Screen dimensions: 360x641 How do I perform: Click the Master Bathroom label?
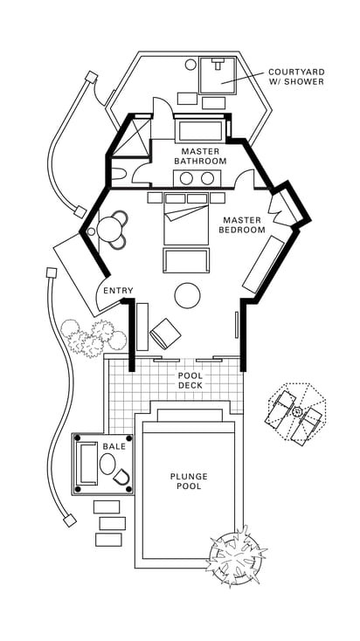coord(200,156)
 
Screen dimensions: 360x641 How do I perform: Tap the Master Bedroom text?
coord(242,225)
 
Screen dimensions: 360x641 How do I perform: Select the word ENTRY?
coord(118,291)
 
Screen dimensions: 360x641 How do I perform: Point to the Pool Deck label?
coord(190,380)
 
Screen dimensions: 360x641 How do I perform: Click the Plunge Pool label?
coord(189,481)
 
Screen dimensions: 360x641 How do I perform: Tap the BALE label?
coord(114,446)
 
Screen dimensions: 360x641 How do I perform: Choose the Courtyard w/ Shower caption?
coord(296,77)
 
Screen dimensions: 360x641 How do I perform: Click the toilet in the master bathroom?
coord(119,174)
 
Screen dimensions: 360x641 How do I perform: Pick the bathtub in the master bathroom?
coord(200,131)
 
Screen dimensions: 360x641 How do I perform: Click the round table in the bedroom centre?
coord(187,295)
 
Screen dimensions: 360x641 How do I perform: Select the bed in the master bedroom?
coord(186,219)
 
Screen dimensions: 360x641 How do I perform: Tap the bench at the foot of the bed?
coord(186,260)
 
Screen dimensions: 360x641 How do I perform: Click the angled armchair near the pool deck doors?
coord(165,334)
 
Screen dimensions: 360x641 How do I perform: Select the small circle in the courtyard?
coord(190,64)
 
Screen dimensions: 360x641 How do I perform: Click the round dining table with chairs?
coord(110,229)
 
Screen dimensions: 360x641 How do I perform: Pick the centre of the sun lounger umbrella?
coord(297,411)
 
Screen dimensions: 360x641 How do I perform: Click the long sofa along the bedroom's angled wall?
coord(264,264)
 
